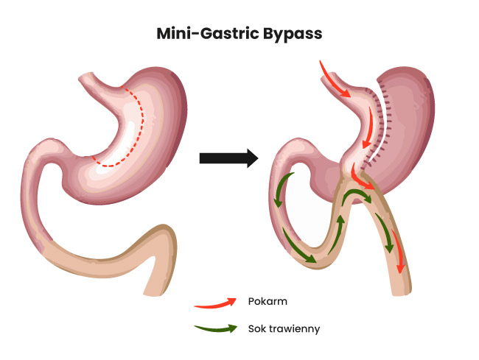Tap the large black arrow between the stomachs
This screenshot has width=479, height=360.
(x=228, y=158)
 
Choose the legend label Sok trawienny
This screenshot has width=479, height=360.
(x=284, y=328)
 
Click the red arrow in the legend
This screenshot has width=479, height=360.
(x=215, y=302)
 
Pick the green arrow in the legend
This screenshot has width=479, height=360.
(x=215, y=329)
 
